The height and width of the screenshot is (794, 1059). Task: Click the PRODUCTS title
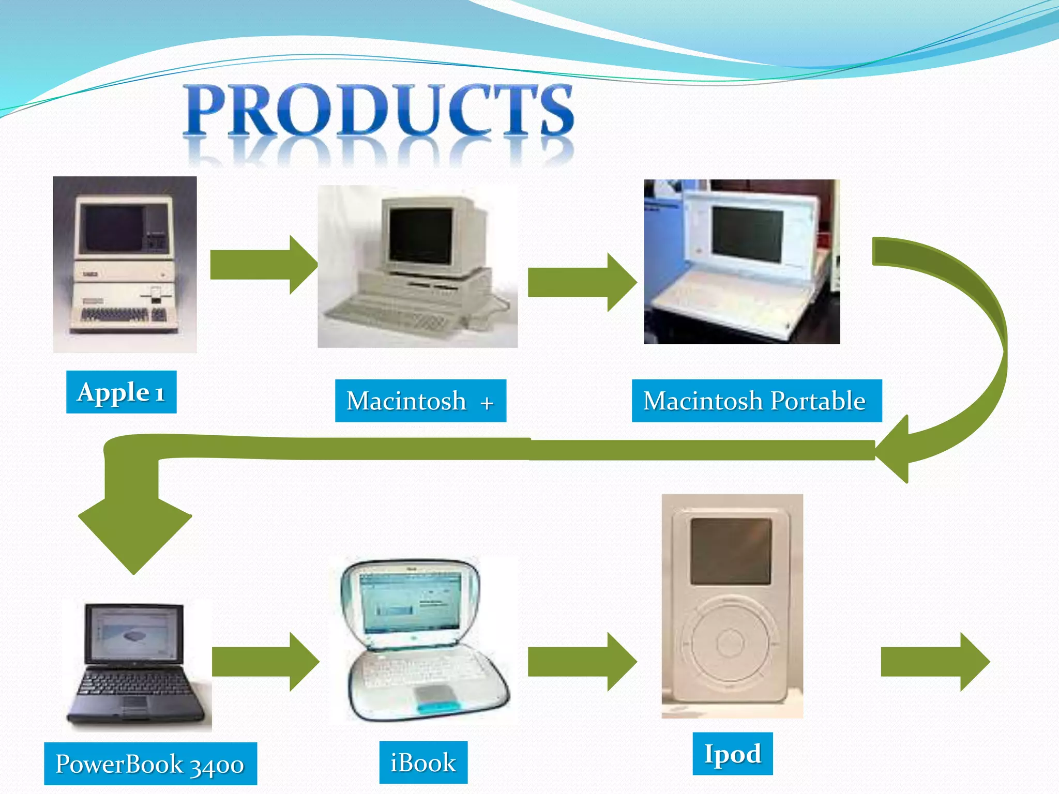click(380, 111)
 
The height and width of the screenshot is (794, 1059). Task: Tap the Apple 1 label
click(121, 392)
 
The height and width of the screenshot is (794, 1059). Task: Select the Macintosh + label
click(420, 401)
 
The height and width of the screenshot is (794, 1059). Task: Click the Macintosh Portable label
click(756, 401)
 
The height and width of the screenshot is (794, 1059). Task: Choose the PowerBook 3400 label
click(150, 764)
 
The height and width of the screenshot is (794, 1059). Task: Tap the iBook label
click(423, 762)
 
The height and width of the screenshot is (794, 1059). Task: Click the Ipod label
click(732, 753)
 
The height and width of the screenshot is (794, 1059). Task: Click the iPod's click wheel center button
click(730, 644)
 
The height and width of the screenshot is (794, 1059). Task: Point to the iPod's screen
click(731, 552)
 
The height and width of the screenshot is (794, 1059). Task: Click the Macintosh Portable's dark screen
click(747, 233)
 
